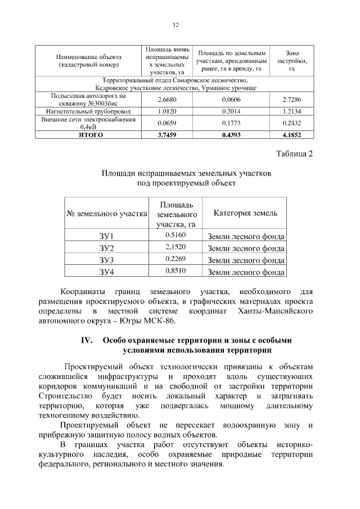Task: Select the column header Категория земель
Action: coord(245,214)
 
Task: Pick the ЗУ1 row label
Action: coord(107,236)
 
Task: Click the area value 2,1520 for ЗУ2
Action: coord(175,247)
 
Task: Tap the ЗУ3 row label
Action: coord(107,260)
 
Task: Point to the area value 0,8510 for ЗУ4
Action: coord(175,271)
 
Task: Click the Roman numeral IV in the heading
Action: coord(87,341)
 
